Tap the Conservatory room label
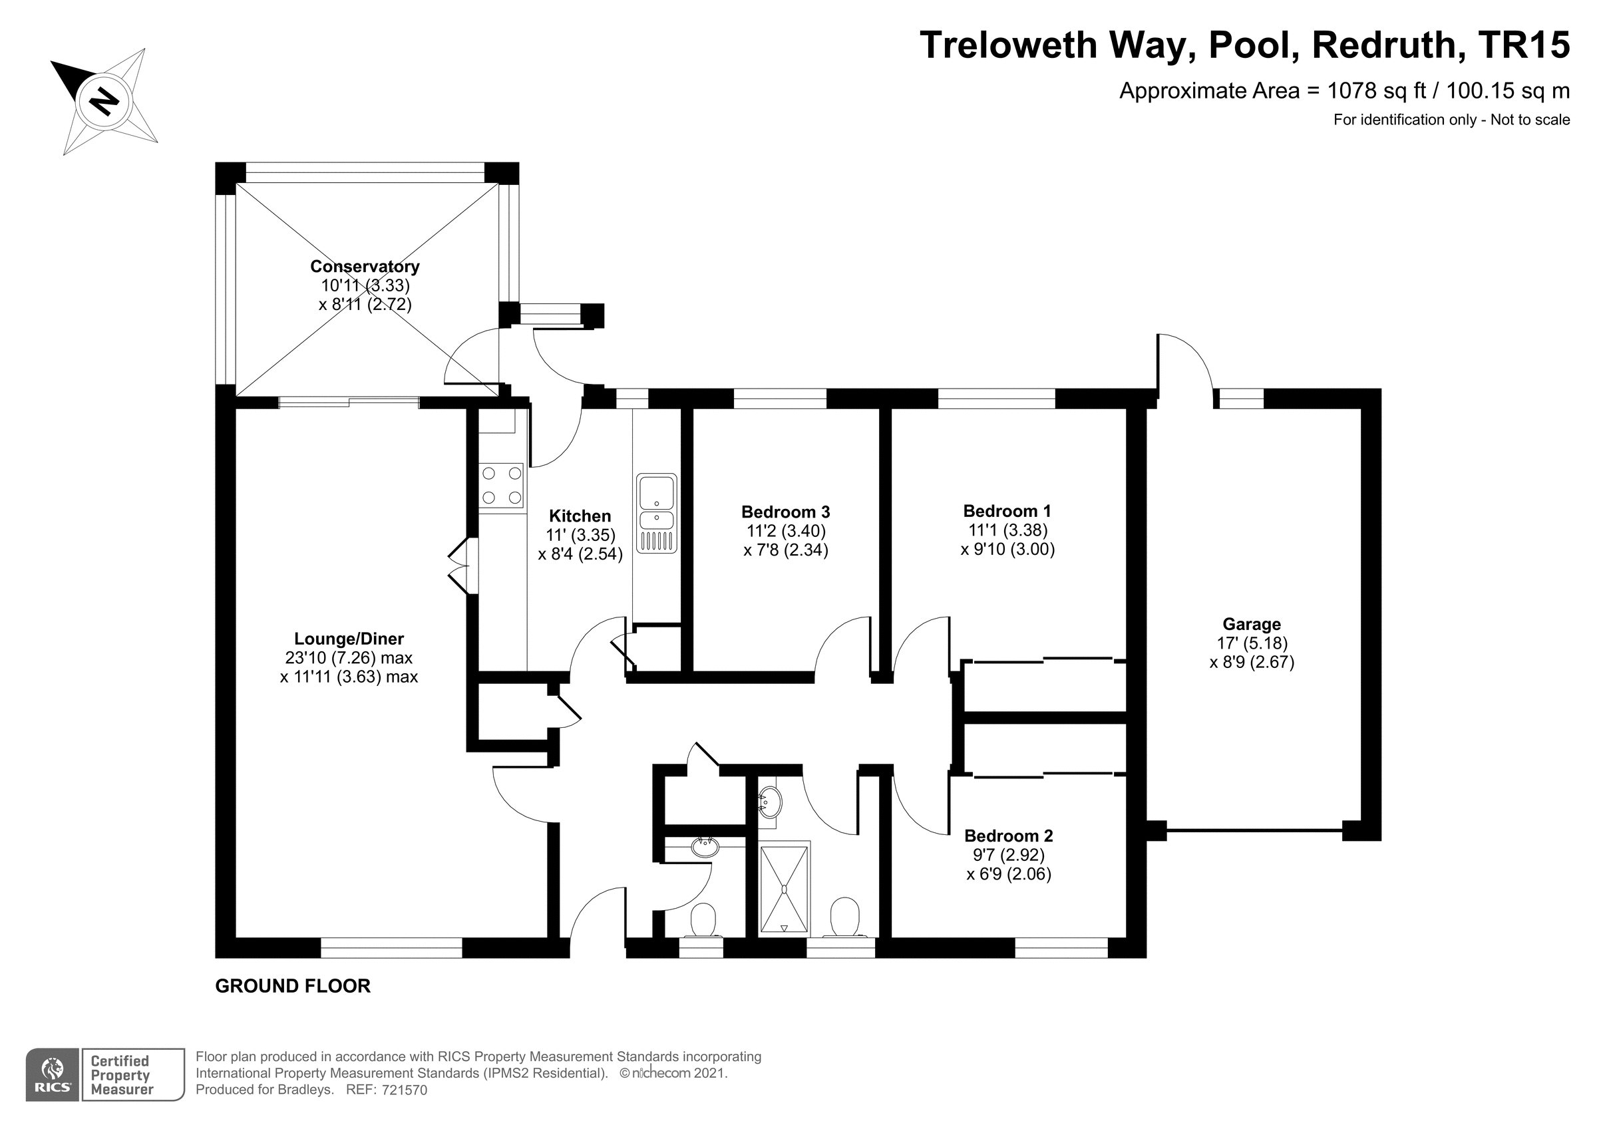365,266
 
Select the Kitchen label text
580,516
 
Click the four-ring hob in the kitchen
502,486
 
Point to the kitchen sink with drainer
656,514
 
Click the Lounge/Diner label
349,639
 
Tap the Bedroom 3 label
785,512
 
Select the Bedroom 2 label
1009,836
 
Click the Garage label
1251,625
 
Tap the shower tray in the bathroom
785,888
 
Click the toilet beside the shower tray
845,917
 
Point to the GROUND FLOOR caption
293,986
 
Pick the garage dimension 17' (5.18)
1251,643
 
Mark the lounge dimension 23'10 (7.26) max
349,657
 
